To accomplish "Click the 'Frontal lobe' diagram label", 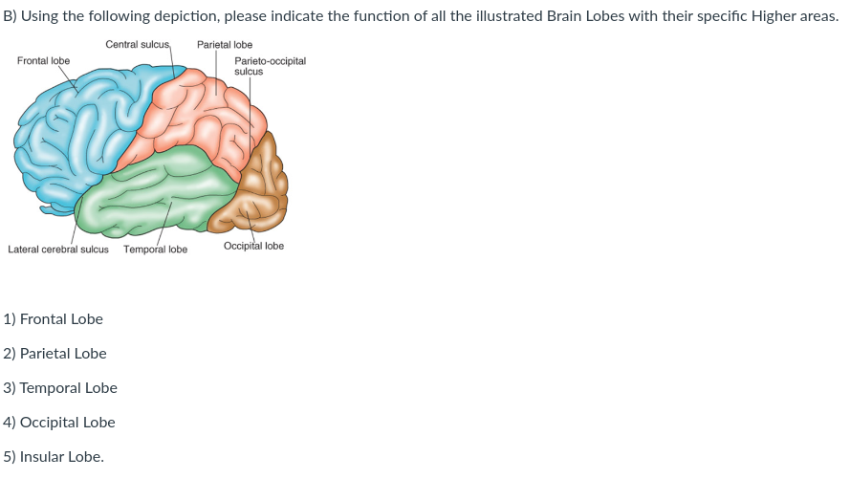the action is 43,60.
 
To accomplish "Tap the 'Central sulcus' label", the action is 138,45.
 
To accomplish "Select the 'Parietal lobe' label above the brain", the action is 225,45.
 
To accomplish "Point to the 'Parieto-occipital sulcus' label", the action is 270,65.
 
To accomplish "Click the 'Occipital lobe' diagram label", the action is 253,246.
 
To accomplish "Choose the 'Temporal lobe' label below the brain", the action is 155,250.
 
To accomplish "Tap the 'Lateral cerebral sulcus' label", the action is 58,250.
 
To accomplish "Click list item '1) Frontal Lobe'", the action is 54,319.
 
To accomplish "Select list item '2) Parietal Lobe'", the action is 55,354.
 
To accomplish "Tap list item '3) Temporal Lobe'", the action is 60,388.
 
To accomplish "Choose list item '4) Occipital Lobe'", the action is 59,423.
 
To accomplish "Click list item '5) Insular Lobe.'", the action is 54,457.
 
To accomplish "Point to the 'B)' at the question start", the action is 11,17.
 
